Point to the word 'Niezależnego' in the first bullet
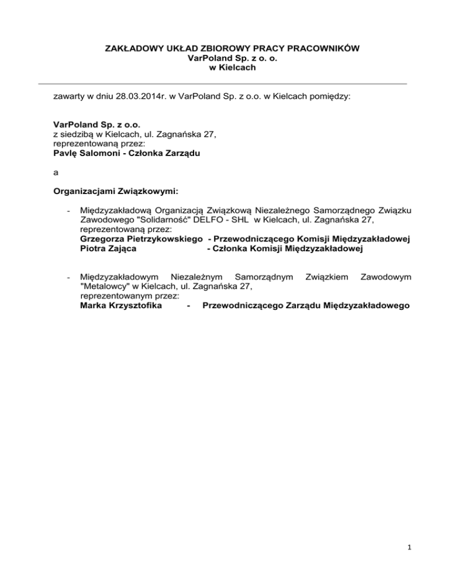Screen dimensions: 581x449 point(281,210)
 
